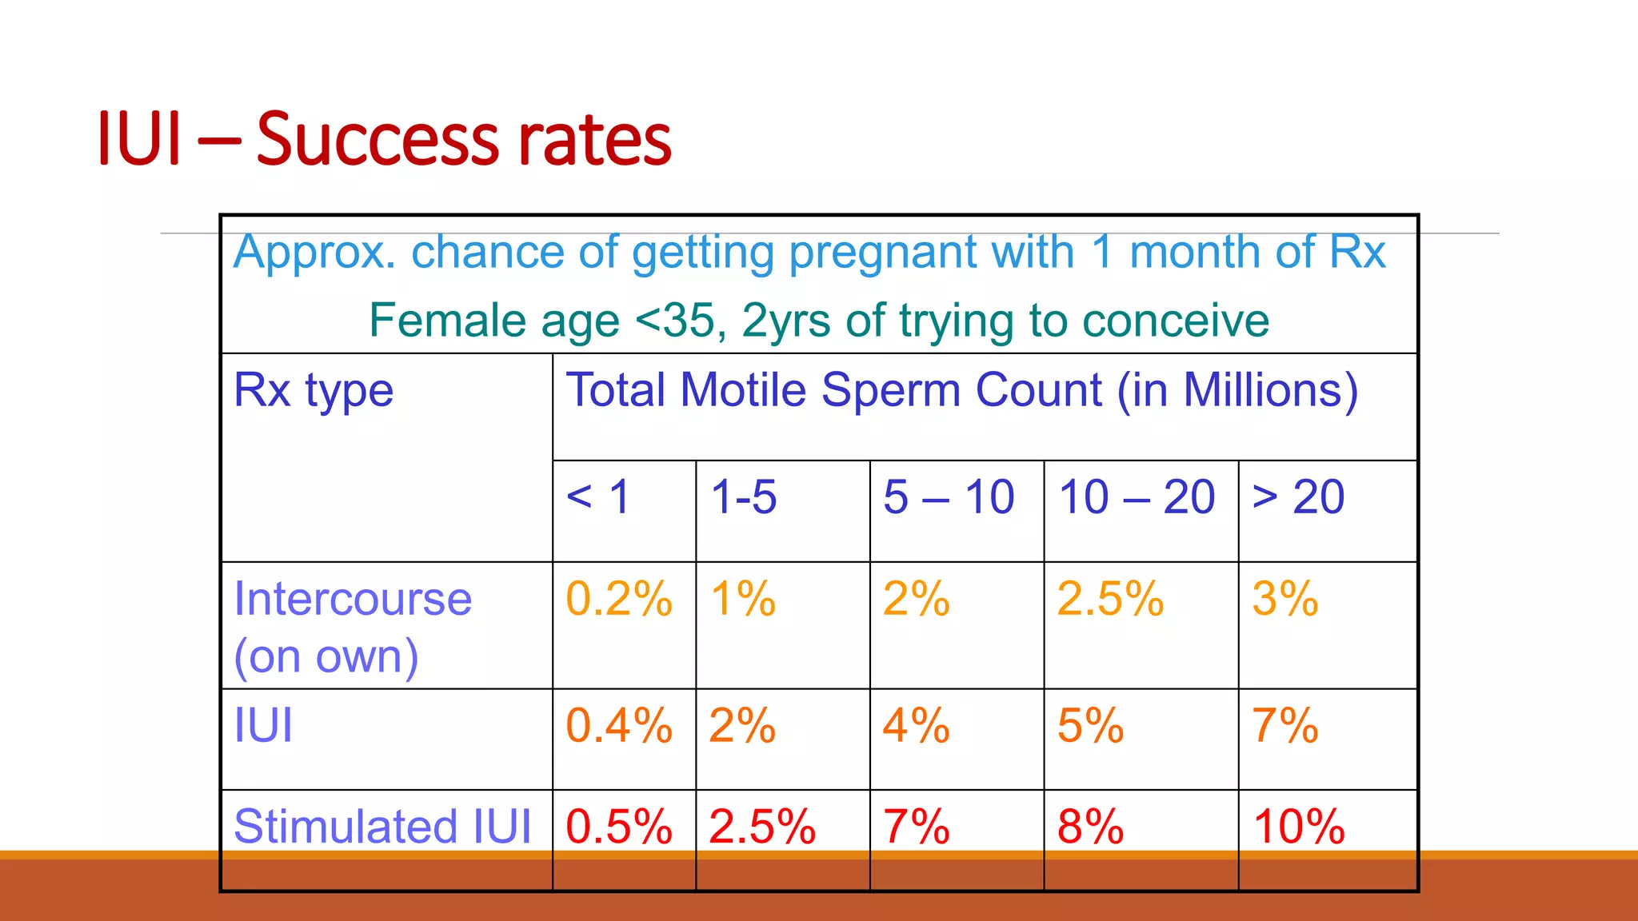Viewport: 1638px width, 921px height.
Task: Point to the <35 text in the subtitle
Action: pos(681,321)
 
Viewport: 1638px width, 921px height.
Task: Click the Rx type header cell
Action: pos(314,391)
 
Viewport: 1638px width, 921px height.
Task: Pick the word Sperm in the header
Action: pos(891,391)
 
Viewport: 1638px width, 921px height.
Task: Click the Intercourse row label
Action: pos(353,599)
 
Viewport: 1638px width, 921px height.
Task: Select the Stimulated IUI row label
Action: pos(382,826)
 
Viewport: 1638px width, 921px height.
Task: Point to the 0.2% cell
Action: pos(619,599)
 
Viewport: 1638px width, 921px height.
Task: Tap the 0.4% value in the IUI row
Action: pos(619,726)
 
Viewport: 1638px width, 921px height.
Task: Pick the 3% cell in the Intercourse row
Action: pos(1284,599)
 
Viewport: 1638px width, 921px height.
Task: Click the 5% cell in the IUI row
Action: pos(1090,726)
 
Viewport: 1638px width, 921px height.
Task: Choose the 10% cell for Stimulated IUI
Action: pos(1299,826)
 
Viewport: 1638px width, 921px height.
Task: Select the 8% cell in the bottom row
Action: pos(1090,826)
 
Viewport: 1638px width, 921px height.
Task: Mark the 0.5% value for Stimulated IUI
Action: pos(619,826)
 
